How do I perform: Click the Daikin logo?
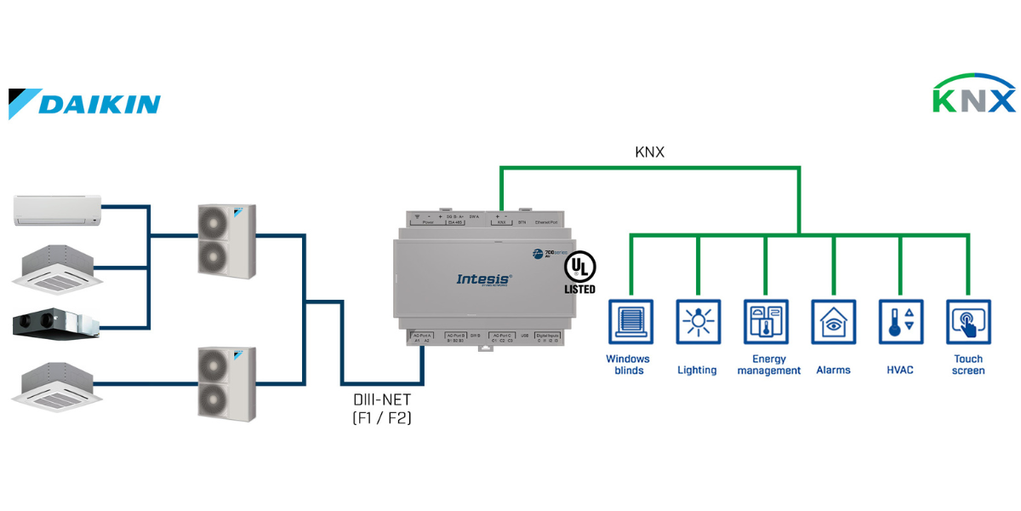coord(85,103)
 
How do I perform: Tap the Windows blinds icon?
coord(630,321)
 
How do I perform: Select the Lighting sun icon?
coord(697,321)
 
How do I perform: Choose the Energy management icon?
coord(766,321)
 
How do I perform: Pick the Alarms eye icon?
coord(833,321)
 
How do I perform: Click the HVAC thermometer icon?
coord(900,321)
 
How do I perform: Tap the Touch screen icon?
coord(968,321)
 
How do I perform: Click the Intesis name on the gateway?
coord(484,278)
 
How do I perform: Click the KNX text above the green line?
coord(649,152)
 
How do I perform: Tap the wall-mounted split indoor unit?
coord(57,210)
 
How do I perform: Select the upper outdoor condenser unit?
coord(225,241)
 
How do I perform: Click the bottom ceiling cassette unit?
coord(57,380)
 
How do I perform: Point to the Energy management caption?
coord(768,365)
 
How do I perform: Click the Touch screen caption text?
coord(968,365)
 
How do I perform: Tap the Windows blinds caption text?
coord(628,365)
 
